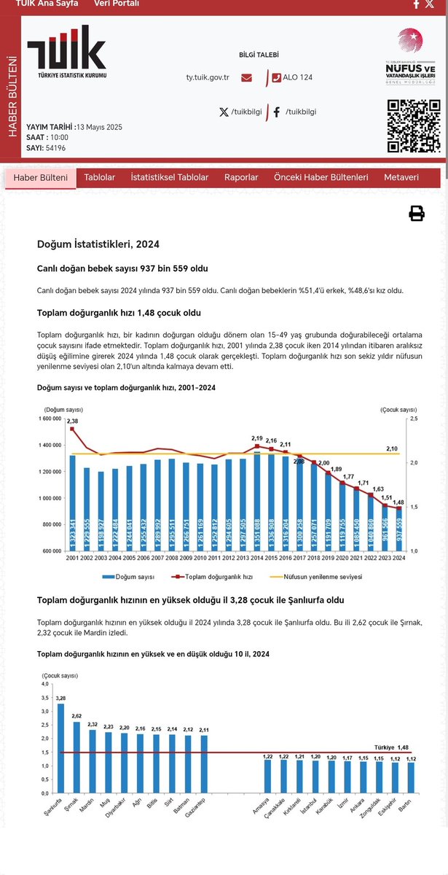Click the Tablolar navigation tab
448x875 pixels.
tap(100, 177)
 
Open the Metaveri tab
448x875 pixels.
tap(401, 177)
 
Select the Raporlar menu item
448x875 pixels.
tap(241, 177)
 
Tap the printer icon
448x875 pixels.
tap(416, 214)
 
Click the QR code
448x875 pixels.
tap(413, 125)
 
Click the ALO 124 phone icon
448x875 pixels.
tap(276, 77)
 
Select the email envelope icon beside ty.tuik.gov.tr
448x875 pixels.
tap(246, 77)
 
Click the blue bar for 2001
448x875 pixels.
tap(72, 502)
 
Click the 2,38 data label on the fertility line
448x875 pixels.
tap(72, 421)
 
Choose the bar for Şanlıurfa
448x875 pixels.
tap(60, 748)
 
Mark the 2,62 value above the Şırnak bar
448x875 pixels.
tap(76, 715)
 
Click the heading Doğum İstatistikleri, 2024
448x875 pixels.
tap(98, 244)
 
